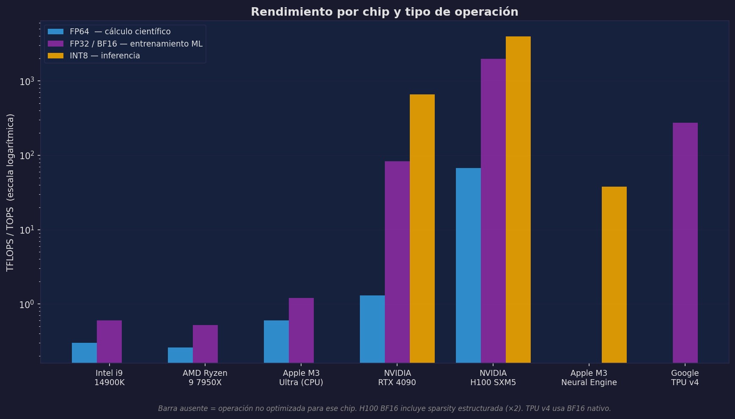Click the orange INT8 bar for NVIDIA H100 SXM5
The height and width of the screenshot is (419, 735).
coord(518,199)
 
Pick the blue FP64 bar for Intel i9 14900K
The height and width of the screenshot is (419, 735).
coord(84,353)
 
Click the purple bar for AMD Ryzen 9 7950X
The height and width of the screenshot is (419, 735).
coord(205,344)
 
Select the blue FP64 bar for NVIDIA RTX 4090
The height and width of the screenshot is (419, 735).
coord(372,329)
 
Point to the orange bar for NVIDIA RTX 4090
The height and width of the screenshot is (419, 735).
coord(422,229)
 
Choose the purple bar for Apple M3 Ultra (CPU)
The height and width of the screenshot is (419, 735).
coord(301,330)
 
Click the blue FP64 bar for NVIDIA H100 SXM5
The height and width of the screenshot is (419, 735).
coord(468,265)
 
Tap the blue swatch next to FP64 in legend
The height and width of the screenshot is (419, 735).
coord(55,32)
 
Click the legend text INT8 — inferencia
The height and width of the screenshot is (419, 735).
coord(104,56)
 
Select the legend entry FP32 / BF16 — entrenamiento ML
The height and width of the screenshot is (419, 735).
coord(136,44)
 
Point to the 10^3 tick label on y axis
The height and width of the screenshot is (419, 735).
coord(27,81)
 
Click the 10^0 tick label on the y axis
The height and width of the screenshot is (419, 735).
coord(27,304)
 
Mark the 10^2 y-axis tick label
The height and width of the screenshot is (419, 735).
coord(27,155)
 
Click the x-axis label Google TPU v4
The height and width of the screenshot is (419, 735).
coord(685,378)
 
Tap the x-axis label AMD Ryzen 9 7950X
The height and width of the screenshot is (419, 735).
coord(205,378)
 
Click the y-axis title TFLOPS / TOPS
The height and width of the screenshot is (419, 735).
coord(10,193)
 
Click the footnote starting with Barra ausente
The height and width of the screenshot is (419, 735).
coord(384,408)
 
